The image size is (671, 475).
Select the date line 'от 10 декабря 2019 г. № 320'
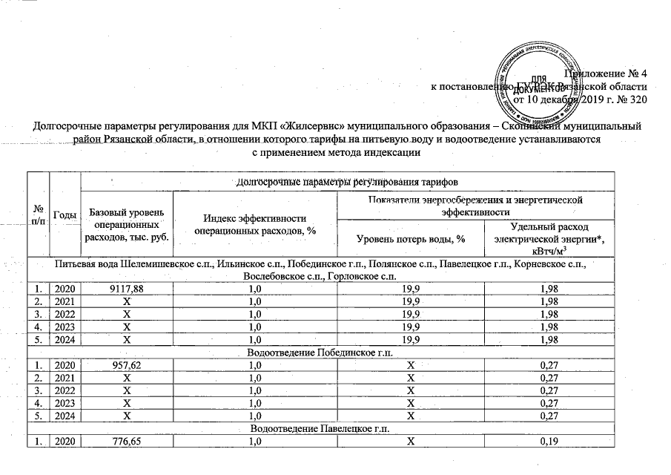(581, 99)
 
